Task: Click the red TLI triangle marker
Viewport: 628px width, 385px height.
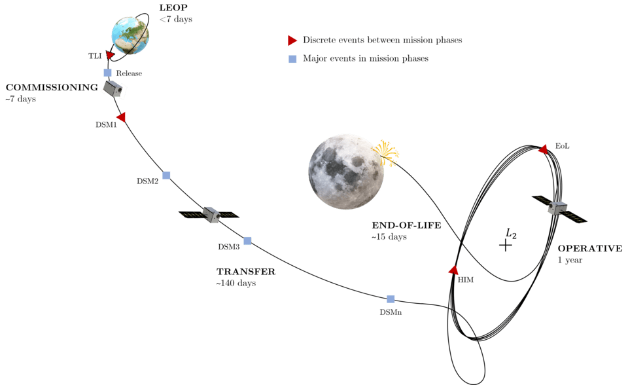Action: pos(110,55)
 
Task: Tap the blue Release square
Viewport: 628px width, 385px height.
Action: pos(107,73)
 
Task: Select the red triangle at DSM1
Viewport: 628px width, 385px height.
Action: pos(121,117)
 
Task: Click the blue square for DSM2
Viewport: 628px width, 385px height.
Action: pos(166,175)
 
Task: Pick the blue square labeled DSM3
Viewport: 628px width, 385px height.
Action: pos(247,241)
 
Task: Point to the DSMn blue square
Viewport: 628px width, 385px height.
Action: pos(391,299)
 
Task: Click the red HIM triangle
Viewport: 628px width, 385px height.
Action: pos(453,270)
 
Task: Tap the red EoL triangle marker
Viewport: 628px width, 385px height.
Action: pos(543,149)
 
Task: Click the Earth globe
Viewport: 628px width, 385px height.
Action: pos(130,35)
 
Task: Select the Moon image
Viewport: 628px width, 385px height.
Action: pos(345,172)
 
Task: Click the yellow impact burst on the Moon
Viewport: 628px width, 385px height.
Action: pos(385,153)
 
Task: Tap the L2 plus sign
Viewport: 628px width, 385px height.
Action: pos(506,245)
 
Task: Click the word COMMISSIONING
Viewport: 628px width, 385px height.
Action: pos(52,88)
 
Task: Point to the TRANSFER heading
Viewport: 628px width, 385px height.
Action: pos(246,272)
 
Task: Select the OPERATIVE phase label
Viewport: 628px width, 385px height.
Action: pos(590,248)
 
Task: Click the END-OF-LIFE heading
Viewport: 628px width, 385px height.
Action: pos(406,225)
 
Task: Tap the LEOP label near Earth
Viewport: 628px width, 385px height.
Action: pos(173,8)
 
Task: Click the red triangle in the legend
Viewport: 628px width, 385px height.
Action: pos(292,40)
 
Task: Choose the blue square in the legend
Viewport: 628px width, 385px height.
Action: pos(293,59)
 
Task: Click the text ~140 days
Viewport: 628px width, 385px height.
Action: pos(236,283)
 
